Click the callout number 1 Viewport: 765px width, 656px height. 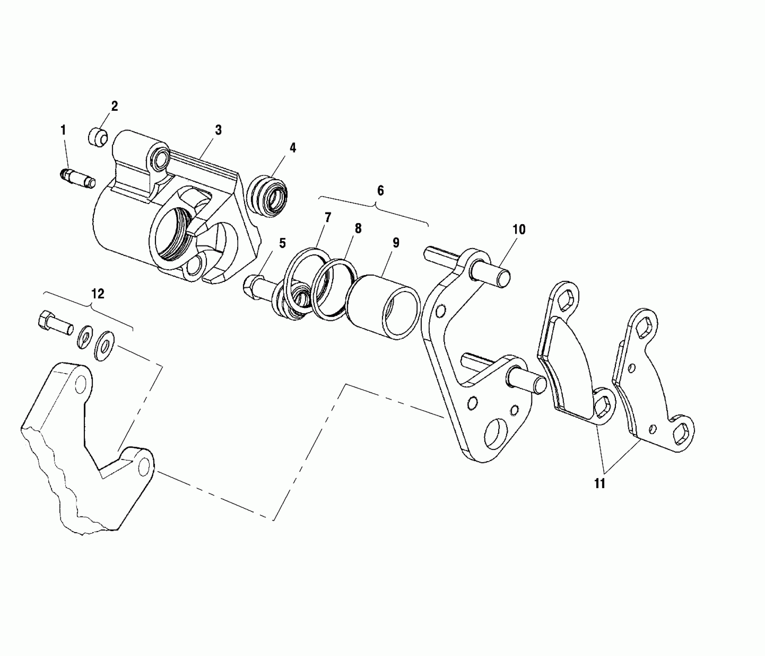pyautogui.click(x=63, y=130)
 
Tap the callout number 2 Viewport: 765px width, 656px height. pyautogui.click(x=115, y=106)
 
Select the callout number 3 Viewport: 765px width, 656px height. pyautogui.click(x=219, y=130)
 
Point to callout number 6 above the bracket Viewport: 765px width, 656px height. pyautogui.click(x=380, y=190)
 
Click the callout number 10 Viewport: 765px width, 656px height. pyautogui.click(x=519, y=230)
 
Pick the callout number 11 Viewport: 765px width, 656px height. pyautogui.click(x=600, y=483)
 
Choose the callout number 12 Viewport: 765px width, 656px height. pyautogui.click(x=98, y=294)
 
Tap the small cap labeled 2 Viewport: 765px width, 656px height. pyautogui.click(x=97, y=138)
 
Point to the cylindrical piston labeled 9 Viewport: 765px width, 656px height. pyautogui.click(x=382, y=307)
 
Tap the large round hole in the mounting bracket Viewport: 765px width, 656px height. pyautogui.click(x=495, y=433)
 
